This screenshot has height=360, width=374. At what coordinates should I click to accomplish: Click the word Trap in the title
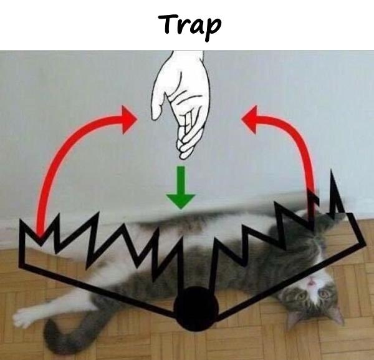click(x=190, y=27)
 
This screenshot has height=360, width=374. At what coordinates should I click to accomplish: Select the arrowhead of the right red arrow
click(x=249, y=119)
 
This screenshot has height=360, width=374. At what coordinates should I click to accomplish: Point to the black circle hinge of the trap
click(x=196, y=309)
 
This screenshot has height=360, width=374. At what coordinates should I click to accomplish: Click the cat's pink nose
click(x=311, y=283)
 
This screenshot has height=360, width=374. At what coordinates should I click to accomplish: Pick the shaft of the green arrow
click(x=181, y=180)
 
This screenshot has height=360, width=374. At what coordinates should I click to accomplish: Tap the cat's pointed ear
click(x=337, y=315)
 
